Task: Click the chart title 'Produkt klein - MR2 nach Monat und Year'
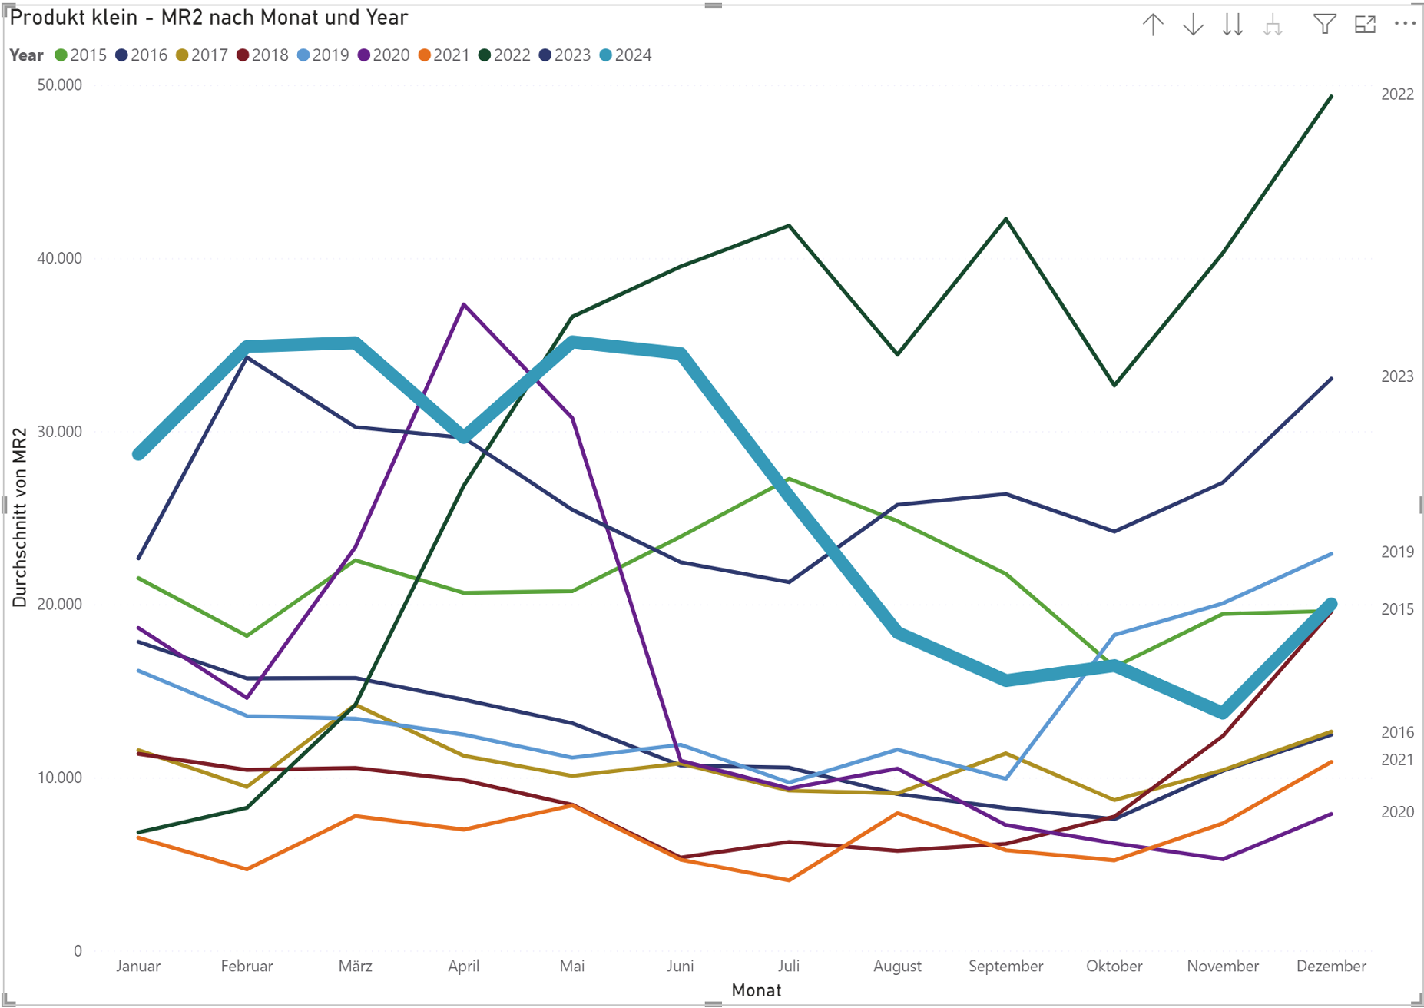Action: (x=208, y=18)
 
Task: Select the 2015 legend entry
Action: (x=81, y=55)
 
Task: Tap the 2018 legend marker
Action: (x=243, y=55)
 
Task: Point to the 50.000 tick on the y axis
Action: (x=59, y=85)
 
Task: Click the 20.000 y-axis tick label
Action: (x=59, y=605)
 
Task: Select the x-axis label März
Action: (x=355, y=967)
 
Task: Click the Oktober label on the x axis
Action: (x=1114, y=967)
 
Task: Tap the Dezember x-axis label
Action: (x=1330, y=967)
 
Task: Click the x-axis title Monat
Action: (x=756, y=991)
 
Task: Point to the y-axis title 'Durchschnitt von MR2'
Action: (x=20, y=517)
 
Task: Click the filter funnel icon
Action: (x=1324, y=25)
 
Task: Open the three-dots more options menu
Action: (x=1405, y=24)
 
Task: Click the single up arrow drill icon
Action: (x=1153, y=25)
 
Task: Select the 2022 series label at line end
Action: (x=1397, y=94)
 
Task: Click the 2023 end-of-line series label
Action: (x=1397, y=376)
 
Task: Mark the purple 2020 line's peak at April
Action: (x=464, y=305)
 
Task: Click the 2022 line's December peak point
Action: (x=1331, y=97)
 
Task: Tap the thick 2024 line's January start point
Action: (x=139, y=454)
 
